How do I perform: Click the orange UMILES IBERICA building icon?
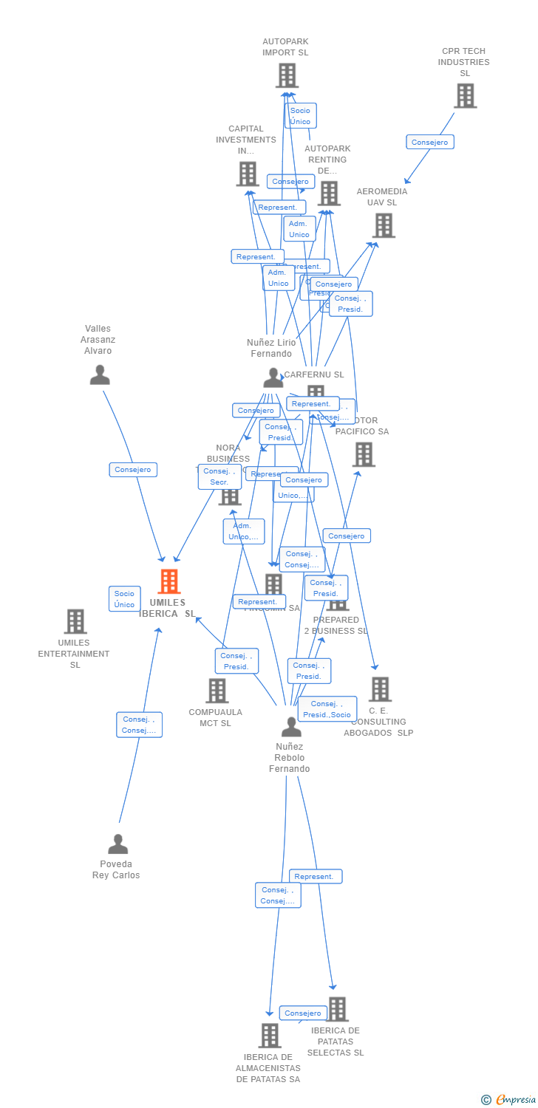[169, 581]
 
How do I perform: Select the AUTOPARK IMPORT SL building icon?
[287, 75]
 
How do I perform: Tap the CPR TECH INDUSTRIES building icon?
[465, 95]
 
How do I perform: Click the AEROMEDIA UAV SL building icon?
[384, 225]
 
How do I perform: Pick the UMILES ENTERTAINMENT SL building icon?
[75, 621]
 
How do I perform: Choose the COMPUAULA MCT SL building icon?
[217, 691]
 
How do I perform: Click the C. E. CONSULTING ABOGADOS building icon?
[380, 689]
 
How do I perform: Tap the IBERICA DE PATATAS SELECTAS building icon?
[337, 1008]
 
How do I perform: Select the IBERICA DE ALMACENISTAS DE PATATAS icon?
[270, 1036]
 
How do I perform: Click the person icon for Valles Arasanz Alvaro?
[100, 375]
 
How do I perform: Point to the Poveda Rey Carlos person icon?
[118, 844]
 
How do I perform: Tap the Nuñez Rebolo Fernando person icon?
[291, 727]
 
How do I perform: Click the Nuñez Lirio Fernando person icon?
[273, 377]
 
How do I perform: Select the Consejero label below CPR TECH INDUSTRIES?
[430, 142]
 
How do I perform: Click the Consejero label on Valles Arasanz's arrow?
[133, 470]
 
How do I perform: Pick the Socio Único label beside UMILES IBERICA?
[124, 599]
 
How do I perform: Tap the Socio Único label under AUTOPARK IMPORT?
[300, 116]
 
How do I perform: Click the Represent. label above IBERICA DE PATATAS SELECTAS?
[315, 877]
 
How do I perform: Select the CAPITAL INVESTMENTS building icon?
[247, 174]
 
